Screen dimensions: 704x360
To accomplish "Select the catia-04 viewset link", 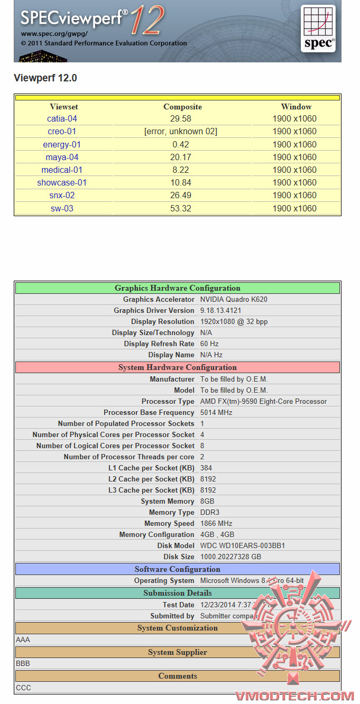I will pyautogui.click(x=62, y=119).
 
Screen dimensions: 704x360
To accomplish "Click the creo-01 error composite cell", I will pyautogui.click(x=181, y=132).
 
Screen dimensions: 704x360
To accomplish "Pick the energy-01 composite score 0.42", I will pyautogui.click(x=181, y=144).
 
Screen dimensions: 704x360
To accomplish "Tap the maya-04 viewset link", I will pyautogui.click(x=62, y=157).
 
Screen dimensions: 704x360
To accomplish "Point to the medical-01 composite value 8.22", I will pyautogui.click(x=181, y=170).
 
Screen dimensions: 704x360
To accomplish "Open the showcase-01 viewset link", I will pyautogui.click(x=62, y=183).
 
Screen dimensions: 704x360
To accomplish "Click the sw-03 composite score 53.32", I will pyautogui.click(x=181, y=208).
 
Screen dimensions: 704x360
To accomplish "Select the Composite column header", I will pyautogui.click(x=182, y=107).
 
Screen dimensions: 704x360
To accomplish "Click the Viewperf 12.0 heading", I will pyautogui.click(x=45, y=78).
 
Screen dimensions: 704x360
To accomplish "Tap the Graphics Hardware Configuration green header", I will pyautogui.click(x=178, y=288).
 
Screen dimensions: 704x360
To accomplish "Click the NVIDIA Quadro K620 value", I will pyautogui.click(x=234, y=300).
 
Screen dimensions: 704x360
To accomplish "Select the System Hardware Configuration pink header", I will pyautogui.click(x=178, y=367).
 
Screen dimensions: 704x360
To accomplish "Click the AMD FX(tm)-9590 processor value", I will pyautogui.click(x=263, y=402).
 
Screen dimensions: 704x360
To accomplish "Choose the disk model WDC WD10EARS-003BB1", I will pyautogui.click(x=243, y=546).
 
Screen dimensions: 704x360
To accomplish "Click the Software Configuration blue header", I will pyautogui.click(x=178, y=569).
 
